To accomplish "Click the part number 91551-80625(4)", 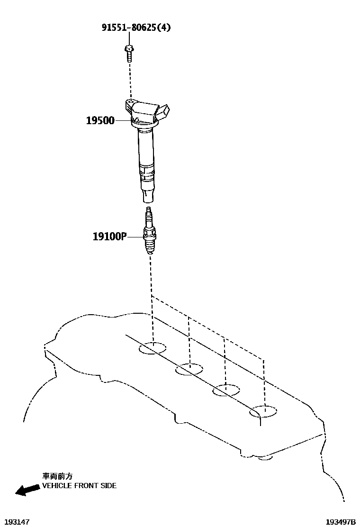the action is click(136, 27).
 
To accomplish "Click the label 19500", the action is click(100, 121).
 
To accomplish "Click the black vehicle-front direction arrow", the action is click(27, 489).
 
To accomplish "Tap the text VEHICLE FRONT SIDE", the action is click(79, 486).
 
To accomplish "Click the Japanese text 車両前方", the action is click(58, 476).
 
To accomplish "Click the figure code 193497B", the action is click(340, 521).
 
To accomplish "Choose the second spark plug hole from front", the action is click(189, 369).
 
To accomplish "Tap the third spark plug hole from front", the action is click(226, 391).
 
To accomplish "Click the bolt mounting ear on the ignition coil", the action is click(130, 103).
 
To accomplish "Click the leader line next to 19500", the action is click(122, 121).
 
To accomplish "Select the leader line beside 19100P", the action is click(135, 236).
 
